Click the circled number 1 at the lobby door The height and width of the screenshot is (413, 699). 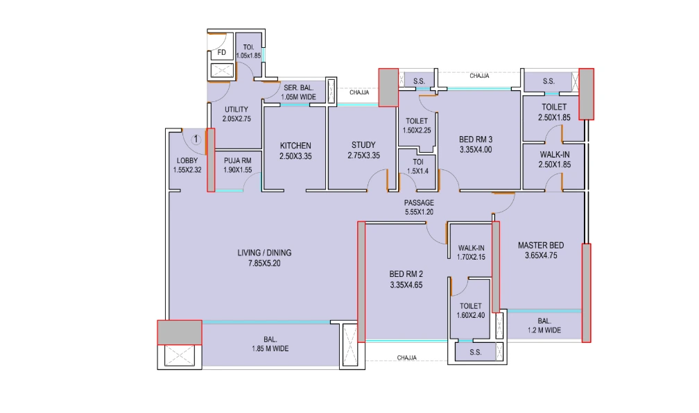(196, 139)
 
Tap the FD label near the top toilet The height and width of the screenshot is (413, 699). (221, 53)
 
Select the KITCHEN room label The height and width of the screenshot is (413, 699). (295, 146)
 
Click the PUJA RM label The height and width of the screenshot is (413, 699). (237, 160)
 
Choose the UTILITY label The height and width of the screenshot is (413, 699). (236, 110)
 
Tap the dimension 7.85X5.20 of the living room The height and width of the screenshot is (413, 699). (259, 264)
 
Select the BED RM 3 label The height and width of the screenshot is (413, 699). (475, 140)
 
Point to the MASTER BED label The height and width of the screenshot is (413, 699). (541, 245)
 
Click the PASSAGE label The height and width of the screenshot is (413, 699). (419, 203)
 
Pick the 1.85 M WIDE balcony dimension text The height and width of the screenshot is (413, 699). (270, 349)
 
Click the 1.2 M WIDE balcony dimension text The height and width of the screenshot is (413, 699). (544, 330)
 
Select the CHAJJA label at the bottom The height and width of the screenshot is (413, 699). (407, 357)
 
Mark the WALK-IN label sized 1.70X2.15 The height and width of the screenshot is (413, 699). (471, 248)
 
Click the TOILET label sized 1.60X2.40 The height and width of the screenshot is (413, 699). (471, 305)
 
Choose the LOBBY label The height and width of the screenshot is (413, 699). (187, 160)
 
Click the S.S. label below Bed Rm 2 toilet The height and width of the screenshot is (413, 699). (475, 353)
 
